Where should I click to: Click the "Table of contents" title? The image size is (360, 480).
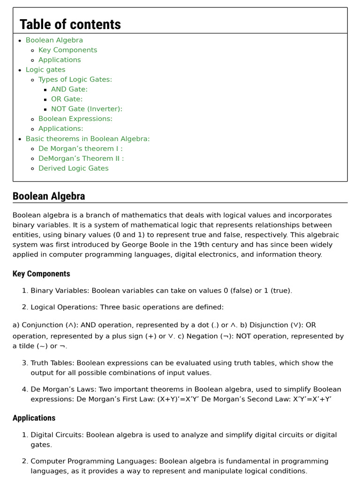point(70,24)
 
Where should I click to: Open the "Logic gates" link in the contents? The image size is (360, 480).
point(45,70)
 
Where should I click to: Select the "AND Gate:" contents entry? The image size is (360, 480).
point(69,90)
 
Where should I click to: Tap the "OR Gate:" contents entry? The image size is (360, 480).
point(67,99)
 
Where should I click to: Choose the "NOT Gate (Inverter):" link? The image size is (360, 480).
point(86,109)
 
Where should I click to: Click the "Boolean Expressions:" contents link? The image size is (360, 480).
point(75,119)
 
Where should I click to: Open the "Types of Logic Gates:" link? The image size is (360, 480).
point(75,80)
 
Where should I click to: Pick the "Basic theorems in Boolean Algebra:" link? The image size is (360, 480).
point(88,139)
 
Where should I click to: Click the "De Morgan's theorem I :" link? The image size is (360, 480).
point(80,149)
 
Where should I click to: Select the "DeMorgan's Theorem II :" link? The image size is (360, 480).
point(81,159)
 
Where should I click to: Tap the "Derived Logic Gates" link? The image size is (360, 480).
point(73,169)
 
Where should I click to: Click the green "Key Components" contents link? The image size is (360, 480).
point(67,50)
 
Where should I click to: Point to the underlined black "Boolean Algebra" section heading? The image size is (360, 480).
point(49,196)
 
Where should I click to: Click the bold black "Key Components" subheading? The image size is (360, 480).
point(41,274)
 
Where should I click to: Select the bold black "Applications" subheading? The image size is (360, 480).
point(34,418)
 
